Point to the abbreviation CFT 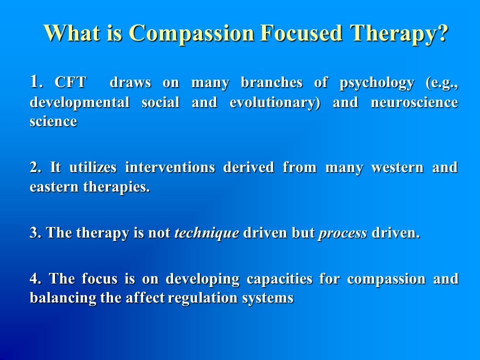click(x=70, y=82)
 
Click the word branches click(x=271, y=82)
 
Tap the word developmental click(x=79, y=102)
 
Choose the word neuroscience click(x=414, y=102)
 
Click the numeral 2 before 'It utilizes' click(x=33, y=167)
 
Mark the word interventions click(x=170, y=167)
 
